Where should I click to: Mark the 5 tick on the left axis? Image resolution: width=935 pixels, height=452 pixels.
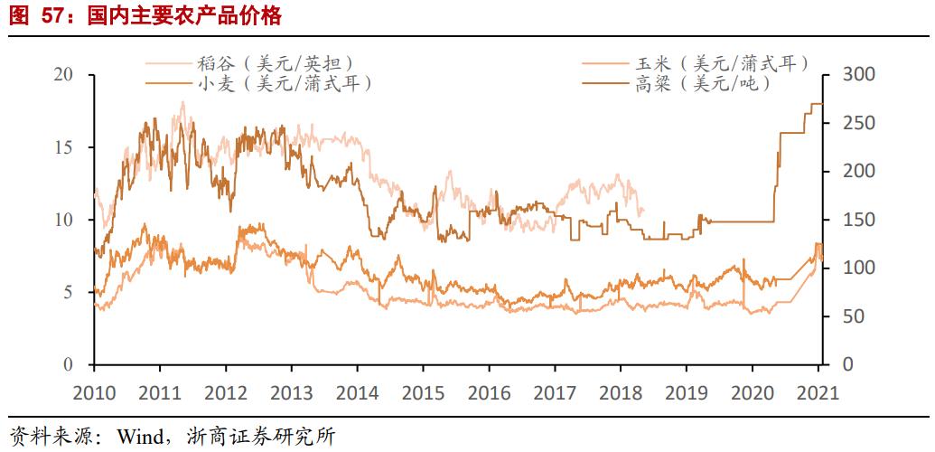[69, 293]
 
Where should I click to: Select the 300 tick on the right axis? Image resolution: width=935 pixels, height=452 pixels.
[858, 74]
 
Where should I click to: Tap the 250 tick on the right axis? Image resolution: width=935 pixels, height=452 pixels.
[858, 123]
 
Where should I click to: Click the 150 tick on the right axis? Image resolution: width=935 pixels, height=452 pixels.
[858, 220]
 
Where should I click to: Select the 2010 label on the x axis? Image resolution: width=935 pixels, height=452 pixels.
[94, 393]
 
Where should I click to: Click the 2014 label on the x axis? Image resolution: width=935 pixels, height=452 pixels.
[357, 393]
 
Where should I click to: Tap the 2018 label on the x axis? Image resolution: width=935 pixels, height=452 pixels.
[620, 393]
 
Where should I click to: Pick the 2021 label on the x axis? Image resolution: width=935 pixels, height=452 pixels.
[817, 393]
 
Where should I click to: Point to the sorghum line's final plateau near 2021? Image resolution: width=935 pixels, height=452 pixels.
[816, 104]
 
